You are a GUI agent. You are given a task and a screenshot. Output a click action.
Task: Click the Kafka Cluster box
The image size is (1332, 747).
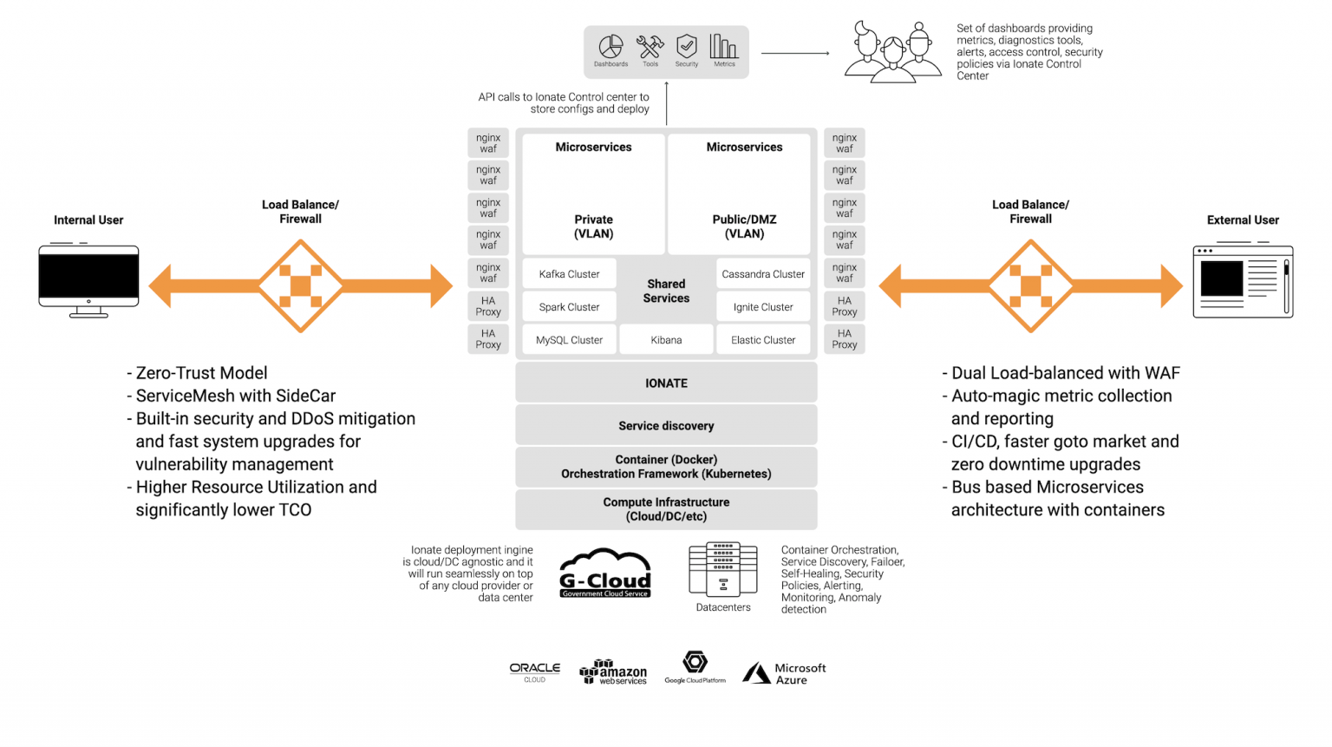coord(569,274)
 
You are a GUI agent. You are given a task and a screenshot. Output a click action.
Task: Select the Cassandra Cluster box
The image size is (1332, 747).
coord(763,274)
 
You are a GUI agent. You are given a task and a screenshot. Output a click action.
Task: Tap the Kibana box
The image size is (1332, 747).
coord(666,340)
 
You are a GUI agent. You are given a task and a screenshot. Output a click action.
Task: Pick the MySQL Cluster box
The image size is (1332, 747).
coord(569,340)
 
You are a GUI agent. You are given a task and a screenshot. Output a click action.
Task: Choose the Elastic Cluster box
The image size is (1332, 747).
coord(763,340)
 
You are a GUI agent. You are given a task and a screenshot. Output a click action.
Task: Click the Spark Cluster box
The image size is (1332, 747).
coord(569,307)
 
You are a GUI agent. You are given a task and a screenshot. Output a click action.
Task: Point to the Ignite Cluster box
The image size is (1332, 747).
coord(763,307)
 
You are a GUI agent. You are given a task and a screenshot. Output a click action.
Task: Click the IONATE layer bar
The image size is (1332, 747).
coord(666,383)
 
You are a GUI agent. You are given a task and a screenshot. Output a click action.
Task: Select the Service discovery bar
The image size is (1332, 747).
coord(666,426)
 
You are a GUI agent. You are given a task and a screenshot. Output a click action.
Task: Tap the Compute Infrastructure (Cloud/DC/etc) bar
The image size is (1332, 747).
coord(666,509)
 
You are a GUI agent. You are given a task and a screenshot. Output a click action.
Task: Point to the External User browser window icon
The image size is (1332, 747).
coord(1243,281)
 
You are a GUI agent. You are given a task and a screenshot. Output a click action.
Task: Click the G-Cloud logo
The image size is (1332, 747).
coord(604,573)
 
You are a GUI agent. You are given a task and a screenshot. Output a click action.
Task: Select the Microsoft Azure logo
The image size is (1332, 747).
coord(784,674)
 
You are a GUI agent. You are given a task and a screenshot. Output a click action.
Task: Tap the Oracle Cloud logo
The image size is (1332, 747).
coord(535,672)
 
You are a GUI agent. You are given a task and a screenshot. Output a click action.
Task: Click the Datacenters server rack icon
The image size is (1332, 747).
coord(723,570)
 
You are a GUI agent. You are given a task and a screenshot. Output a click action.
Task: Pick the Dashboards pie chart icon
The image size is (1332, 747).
coord(611,47)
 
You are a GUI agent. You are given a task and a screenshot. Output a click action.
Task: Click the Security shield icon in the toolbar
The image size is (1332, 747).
coord(687,46)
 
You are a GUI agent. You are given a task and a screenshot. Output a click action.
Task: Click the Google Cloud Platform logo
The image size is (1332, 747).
coord(695,667)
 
